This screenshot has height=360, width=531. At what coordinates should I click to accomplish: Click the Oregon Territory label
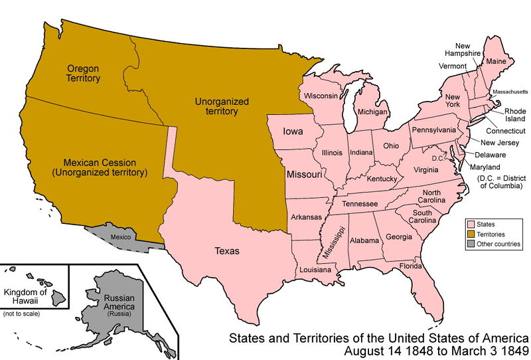click(x=84, y=73)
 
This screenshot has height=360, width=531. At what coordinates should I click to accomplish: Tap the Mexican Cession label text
click(x=100, y=167)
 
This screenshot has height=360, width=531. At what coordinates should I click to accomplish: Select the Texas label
click(x=227, y=251)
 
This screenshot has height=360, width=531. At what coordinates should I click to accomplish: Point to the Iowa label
click(x=293, y=132)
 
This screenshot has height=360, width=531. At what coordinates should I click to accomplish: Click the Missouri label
click(x=305, y=175)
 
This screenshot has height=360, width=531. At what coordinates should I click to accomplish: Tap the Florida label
click(x=411, y=266)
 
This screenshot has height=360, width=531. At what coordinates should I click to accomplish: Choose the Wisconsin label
click(x=321, y=96)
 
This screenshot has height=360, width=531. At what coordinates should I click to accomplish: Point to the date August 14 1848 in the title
click(x=405, y=350)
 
